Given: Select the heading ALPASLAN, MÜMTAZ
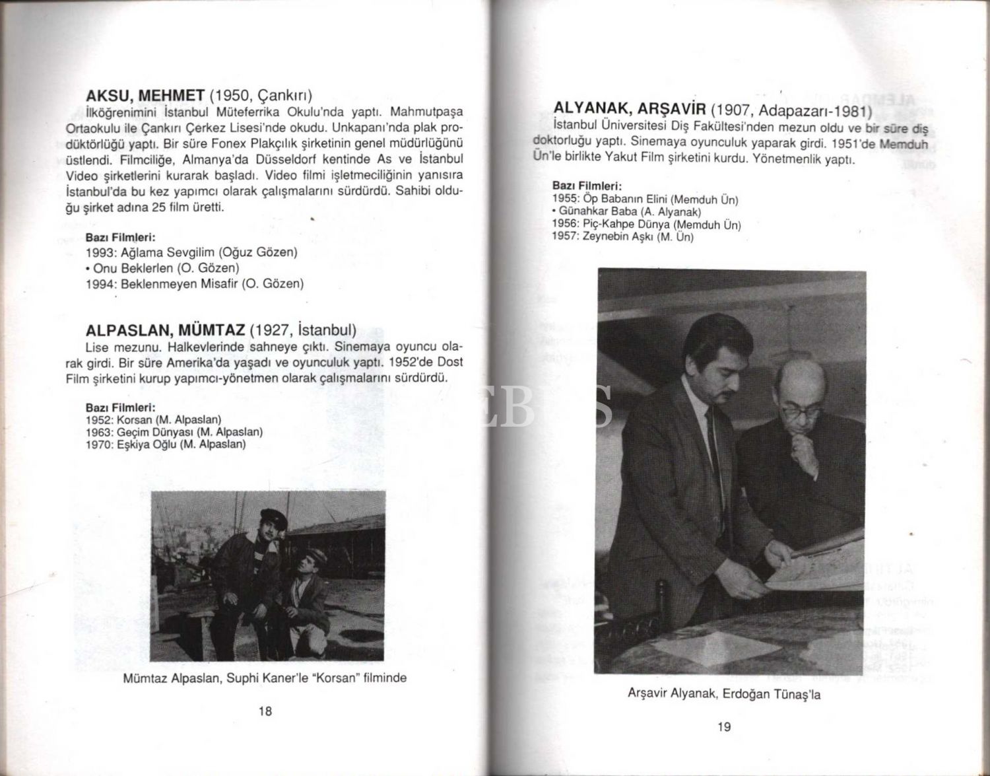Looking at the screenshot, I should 165,330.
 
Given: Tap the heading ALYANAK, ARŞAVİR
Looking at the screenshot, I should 630,109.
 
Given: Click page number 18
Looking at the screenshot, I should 265,711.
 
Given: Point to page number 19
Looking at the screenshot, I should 723,727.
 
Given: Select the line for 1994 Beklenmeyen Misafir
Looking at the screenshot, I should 195,284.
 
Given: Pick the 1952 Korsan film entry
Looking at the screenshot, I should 153,420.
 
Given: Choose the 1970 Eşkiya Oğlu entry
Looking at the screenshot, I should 166,444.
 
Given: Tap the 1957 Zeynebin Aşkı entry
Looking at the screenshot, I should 622,236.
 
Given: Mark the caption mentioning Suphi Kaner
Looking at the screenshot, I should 265,678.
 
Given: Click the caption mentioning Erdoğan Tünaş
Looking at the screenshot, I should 724,694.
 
